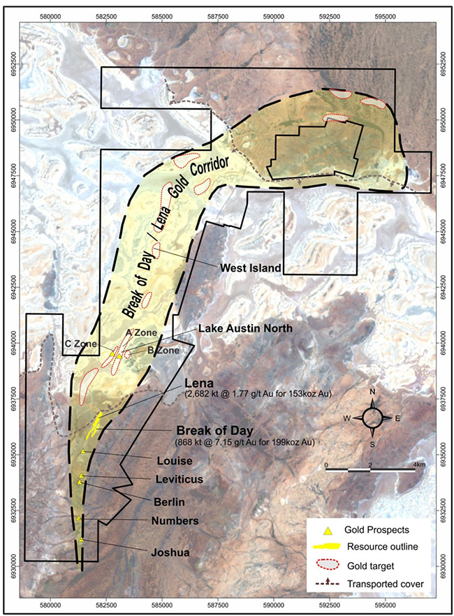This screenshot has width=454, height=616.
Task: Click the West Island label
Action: pyautogui.click(x=250, y=268)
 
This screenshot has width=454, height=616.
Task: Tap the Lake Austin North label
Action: pyautogui.click(x=240, y=328)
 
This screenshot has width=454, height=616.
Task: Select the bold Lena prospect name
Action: pyautogui.click(x=199, y=384)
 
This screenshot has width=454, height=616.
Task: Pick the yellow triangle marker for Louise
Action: pyautogui.click(x=83, y=452)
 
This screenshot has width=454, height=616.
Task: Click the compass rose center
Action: pyautogui.click(x=372, y=418)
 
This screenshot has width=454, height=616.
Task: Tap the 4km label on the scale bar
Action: pyautogui.click(x=420, y=464)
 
